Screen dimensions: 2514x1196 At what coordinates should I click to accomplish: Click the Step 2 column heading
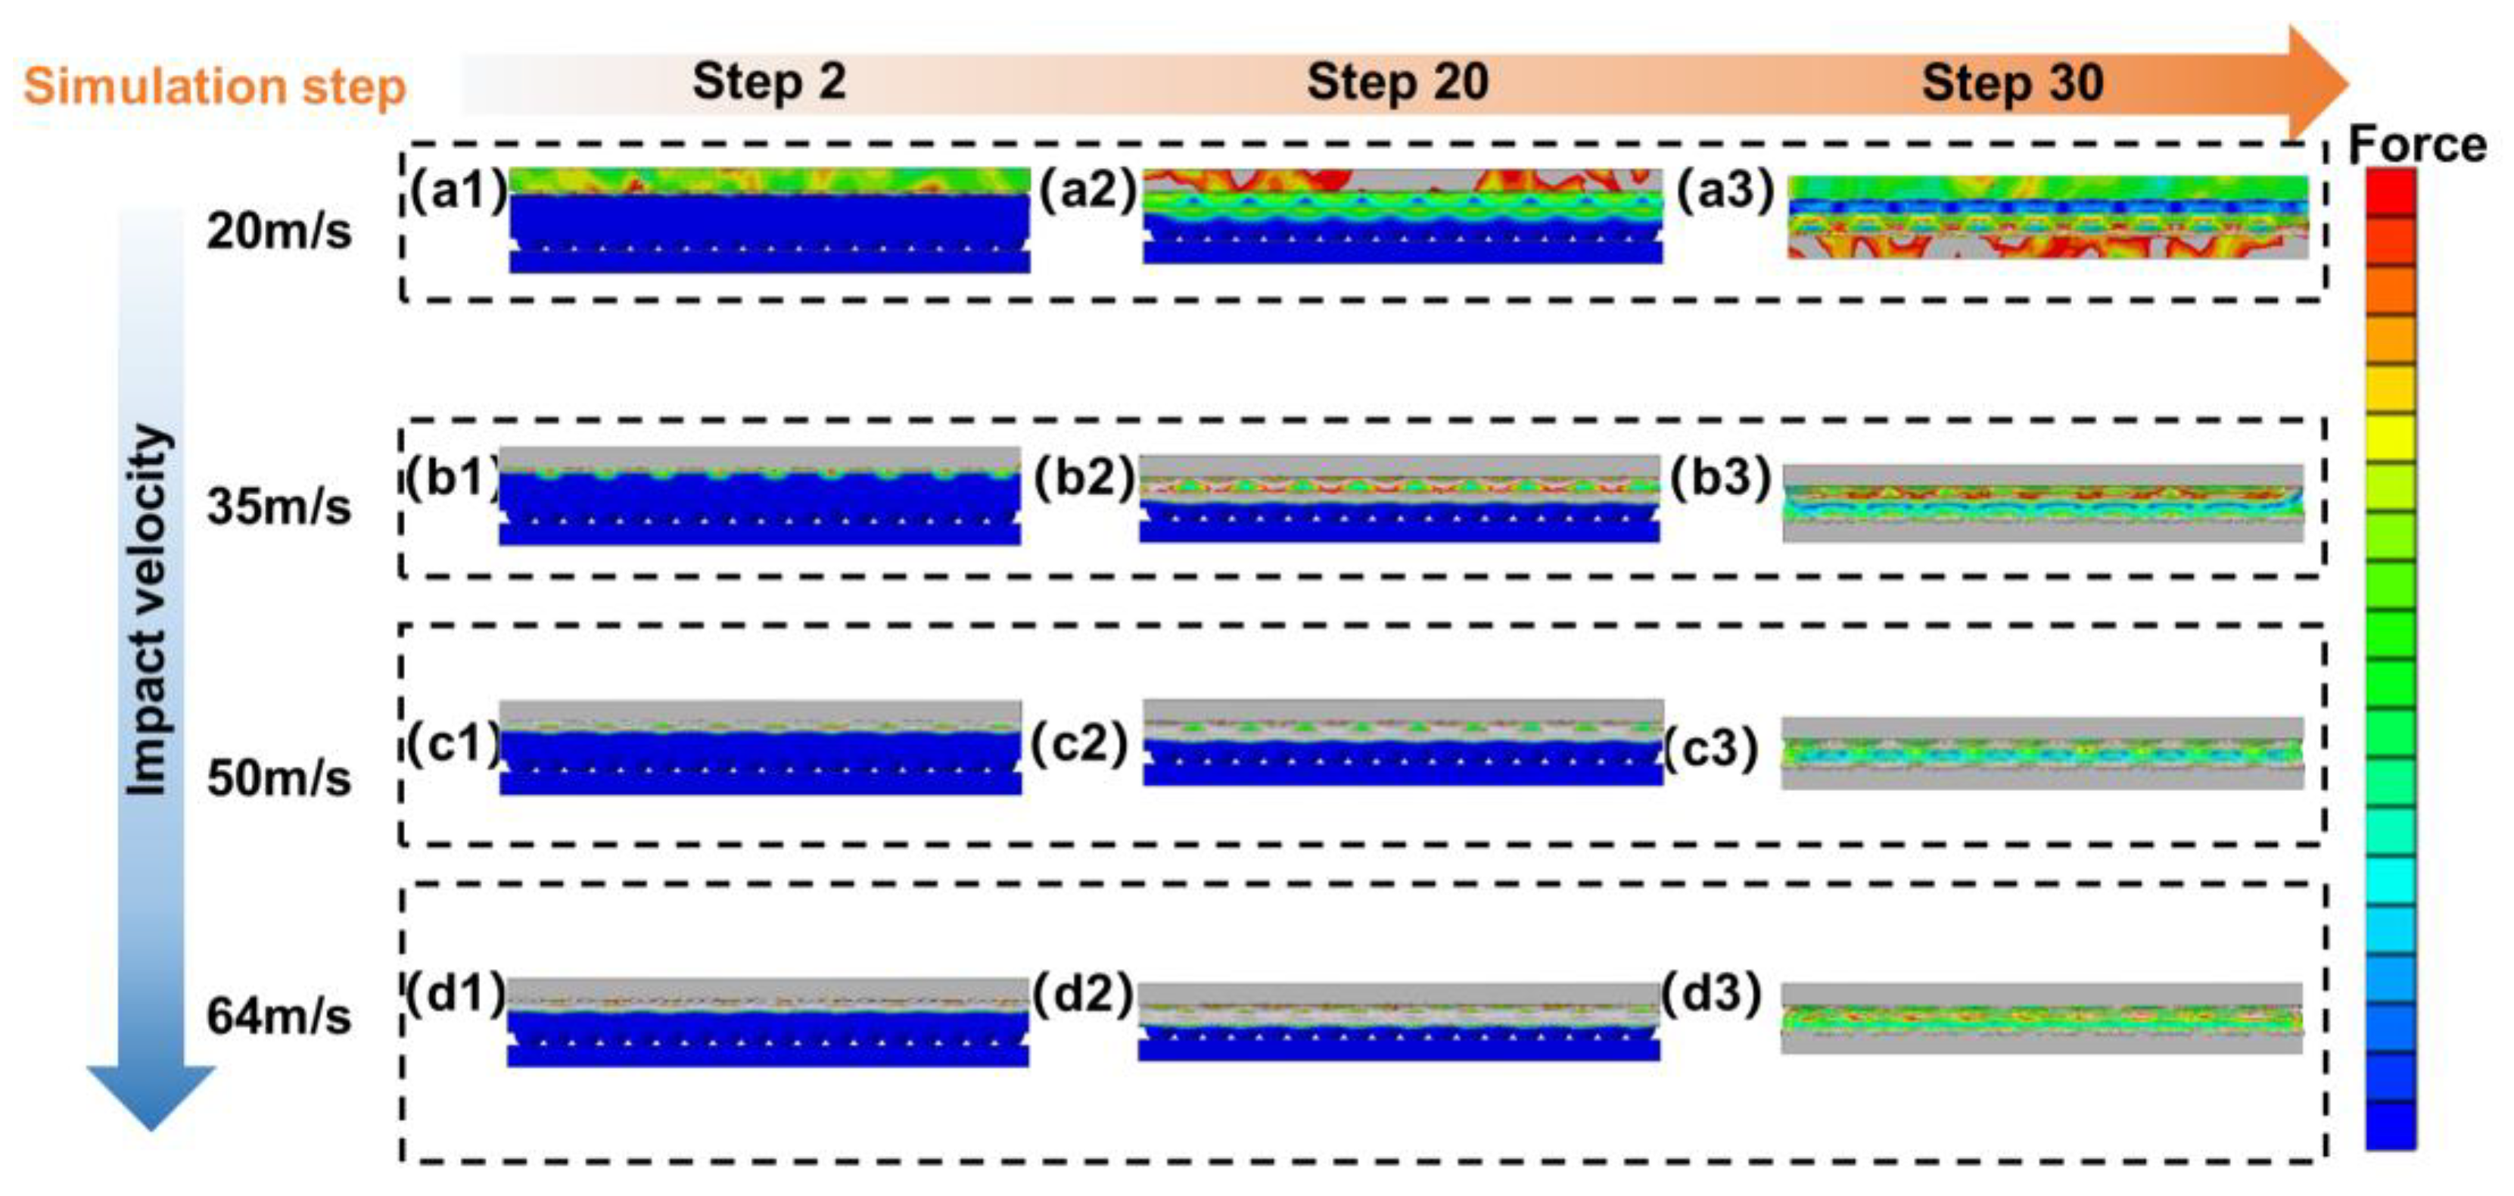coord(769,82)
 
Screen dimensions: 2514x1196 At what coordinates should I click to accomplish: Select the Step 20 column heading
coord(1398,82)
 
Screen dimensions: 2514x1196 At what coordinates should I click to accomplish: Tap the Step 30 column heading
coord(2012,82)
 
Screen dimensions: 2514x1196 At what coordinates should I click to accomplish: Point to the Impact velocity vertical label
coord(149,610)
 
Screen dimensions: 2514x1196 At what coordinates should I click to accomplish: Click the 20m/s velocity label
coord(279,232)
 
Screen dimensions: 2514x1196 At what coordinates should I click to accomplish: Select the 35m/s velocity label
coord(279,506)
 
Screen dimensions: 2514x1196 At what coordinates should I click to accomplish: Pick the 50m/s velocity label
coord(279,778)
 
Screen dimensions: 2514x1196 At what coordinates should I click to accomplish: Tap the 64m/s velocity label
coord(279,1017)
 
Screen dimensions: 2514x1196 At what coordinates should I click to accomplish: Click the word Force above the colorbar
coord(2417,145)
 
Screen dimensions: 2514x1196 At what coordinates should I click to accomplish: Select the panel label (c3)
coord(1711,749)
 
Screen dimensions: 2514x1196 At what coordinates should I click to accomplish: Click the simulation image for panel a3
coord(2048,216)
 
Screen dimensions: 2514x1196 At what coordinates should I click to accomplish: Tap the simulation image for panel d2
coord(1399,1021)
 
